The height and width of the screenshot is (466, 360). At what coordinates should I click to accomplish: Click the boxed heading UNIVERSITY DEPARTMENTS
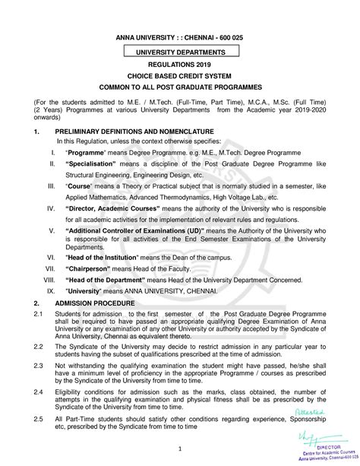tap(180, 51)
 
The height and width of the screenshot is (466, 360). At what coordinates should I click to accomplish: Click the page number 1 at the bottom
tap(180, 447)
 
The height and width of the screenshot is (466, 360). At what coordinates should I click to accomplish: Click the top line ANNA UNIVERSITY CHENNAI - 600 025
tap(180, 36)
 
